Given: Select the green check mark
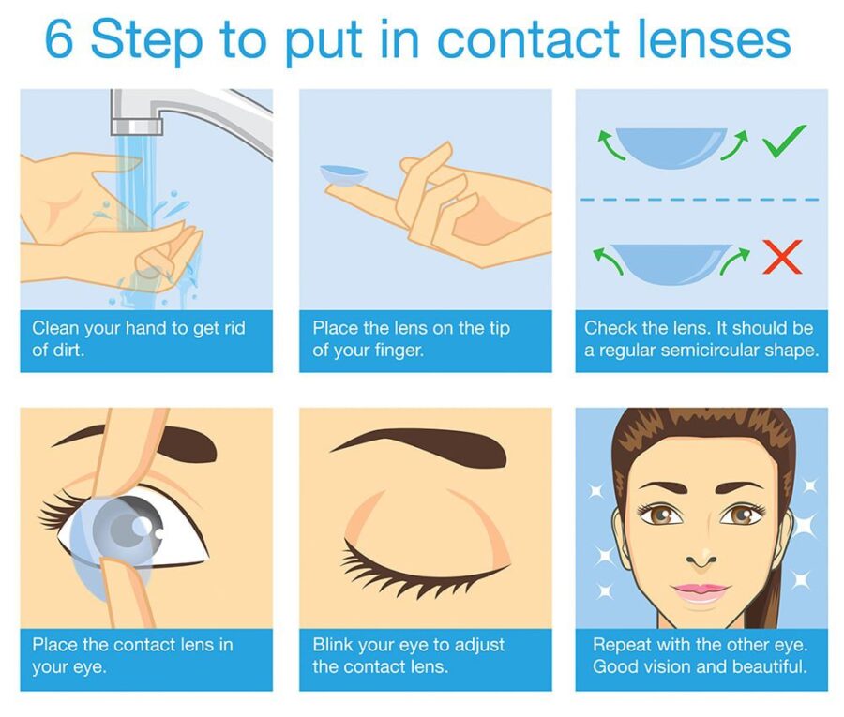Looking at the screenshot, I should [x=784, y=143].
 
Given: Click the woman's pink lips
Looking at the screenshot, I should [x=701, y=592].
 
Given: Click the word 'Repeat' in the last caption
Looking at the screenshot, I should [x=620, y=645].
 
